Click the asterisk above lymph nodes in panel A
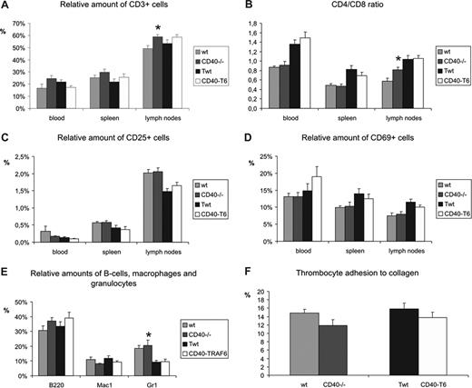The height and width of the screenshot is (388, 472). point(159,29)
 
